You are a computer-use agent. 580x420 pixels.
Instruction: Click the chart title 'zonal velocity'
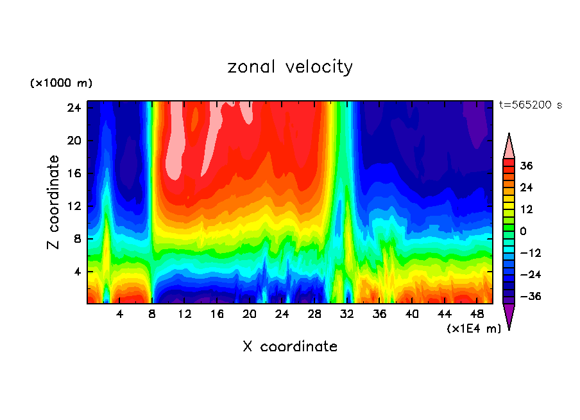pos(290,67)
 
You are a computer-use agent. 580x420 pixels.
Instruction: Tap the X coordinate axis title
pos(290,347)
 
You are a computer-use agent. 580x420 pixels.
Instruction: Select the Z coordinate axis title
pos(54,202)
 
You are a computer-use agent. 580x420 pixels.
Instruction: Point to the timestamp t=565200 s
pos(530,105)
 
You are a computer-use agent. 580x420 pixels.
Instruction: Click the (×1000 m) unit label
pos(61,83)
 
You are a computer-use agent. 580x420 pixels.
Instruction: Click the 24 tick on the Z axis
pos(74,108)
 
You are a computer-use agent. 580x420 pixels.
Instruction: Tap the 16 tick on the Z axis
pos(74,173)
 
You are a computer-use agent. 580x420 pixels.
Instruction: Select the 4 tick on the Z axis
pos(76,272)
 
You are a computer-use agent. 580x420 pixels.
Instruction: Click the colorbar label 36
pos(527,166)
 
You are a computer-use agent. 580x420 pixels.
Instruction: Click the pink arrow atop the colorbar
pos(509,146)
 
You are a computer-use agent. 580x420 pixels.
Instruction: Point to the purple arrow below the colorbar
pos(509,316)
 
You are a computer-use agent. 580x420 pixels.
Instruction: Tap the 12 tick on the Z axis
pos(74,206)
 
